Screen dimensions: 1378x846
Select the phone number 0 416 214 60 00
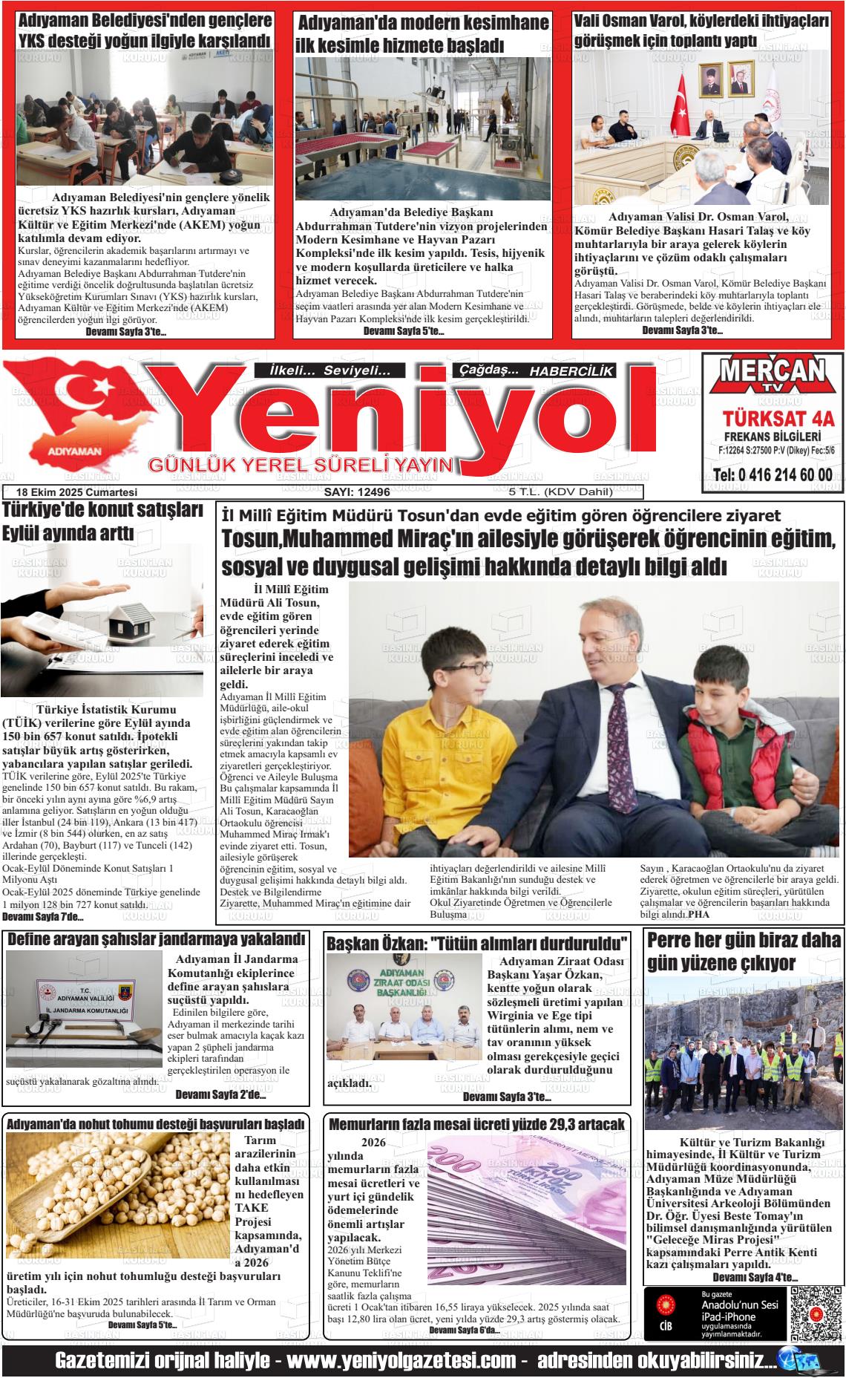(x=772, y=475)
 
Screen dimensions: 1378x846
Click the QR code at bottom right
(x=815, y=1315)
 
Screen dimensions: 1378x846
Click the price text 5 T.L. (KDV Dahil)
(x=550, y=492)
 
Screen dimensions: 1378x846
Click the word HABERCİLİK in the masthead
(x=571, y=370)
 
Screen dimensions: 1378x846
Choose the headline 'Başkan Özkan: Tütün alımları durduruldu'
(x=478, y=944)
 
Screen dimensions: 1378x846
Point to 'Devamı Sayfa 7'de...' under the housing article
(x=42, y=917)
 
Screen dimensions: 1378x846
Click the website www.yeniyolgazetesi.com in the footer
(x=401, y=1361)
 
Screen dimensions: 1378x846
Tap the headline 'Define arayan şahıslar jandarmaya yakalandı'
(x=156, y=939)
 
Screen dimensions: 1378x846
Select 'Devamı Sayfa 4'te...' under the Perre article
(x=755, y=1277)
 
